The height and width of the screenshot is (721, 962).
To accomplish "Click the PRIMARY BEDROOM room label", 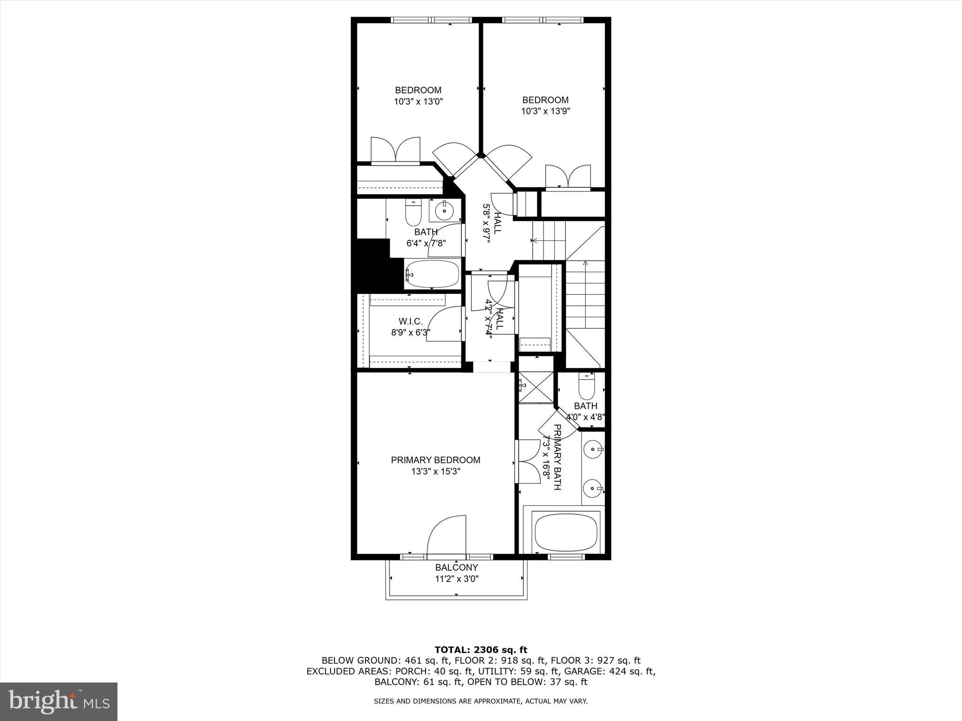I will pyautogui.click(x=435, y=460).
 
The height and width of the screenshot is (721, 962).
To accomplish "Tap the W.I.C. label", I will pyautogui.click(x=411, y=322).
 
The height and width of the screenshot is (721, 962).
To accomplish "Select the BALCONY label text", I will pyautogui.click(x=456, y=568).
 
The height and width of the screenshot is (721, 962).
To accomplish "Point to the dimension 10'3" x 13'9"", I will pyautogui.click(x=545, y=111).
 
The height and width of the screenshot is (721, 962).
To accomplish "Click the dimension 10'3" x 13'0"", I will pyautogui.click(x=418, y=101).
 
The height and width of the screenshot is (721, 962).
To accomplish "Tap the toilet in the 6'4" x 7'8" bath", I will pyautogui.click(x=413, y=214).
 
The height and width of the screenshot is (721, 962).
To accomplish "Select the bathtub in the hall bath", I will pyautogui.click(x=432, y=274).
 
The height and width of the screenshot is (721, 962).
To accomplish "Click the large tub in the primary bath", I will pyautogui.click(x=566, y=533).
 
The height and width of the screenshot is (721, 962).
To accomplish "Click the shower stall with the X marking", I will pyautogui.click(x=536, y=387).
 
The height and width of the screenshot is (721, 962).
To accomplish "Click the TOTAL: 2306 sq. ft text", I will pyautogui.click(x=481, y=650).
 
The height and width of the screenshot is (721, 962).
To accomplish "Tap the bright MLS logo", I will pyautogui.click(x=59, y=701).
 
